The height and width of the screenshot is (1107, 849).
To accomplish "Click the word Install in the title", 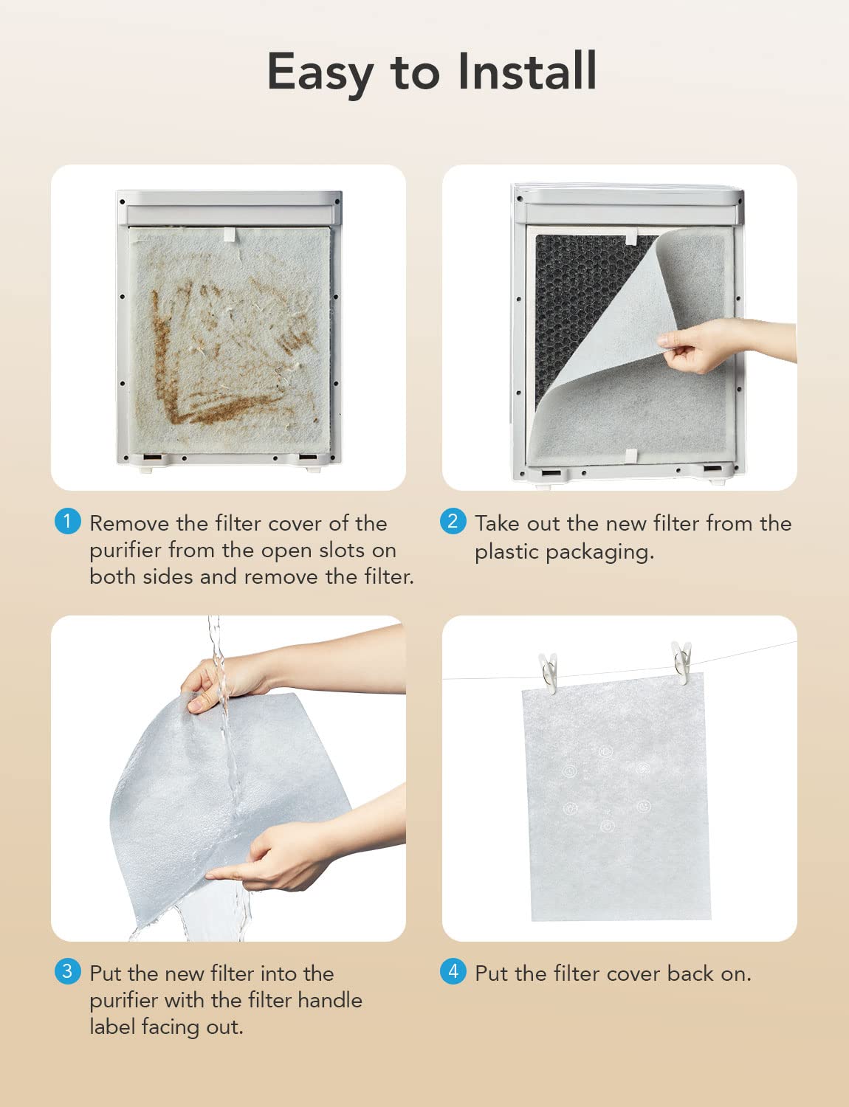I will (526, 72).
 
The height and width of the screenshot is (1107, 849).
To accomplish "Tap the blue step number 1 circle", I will (67, 521).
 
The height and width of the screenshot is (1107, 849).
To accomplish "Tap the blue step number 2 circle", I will (453, 521).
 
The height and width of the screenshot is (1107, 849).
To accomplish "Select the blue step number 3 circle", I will (67, 970).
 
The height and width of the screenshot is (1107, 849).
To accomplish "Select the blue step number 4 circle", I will (453, 970).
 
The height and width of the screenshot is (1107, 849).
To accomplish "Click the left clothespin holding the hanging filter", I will (548, 672).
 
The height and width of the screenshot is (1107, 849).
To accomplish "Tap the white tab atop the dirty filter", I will (229, 234).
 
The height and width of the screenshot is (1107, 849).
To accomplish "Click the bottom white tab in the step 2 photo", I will (630, 455).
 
